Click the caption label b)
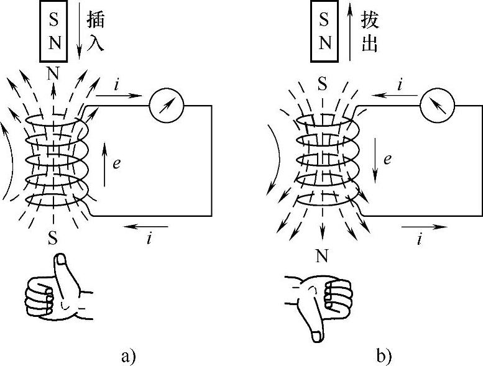coord(384,356)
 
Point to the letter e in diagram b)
coord(387,160)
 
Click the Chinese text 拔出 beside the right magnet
coord(369,32)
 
